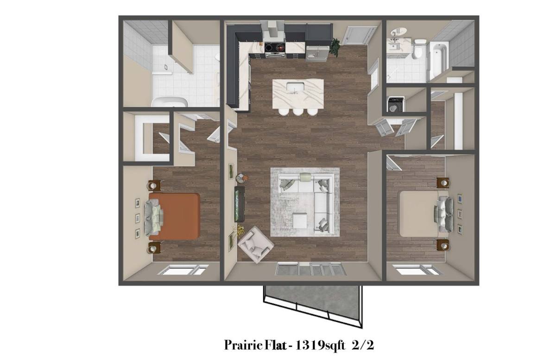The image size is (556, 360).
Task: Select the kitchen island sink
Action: (x=295, y=88)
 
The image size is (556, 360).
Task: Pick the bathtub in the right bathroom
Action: (x=438, y=61)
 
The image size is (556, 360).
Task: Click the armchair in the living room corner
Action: (x=256, y=244)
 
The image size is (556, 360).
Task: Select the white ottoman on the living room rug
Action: (x=300, y=221)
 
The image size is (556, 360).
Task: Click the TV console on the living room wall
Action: (x=240, y=204)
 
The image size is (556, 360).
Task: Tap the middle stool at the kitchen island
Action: (x=297, y=112)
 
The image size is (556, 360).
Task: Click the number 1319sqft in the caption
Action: (x=320, y=345)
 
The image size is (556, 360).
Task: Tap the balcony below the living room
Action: (x=313, y=303)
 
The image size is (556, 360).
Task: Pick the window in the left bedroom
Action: (x=183, y=270)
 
